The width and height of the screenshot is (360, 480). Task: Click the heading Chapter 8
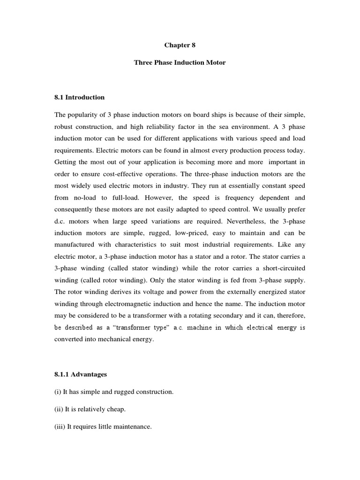pyautogui.click(x=180, y=45)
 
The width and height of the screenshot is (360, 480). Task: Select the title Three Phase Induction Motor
pyautogui.click(x=180, y=62)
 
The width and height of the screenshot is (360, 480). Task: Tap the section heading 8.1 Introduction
pyautogui.click(x=80, y=97)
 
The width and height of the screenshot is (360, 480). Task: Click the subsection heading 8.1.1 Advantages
pyautogui.click(x=81, y=375)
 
